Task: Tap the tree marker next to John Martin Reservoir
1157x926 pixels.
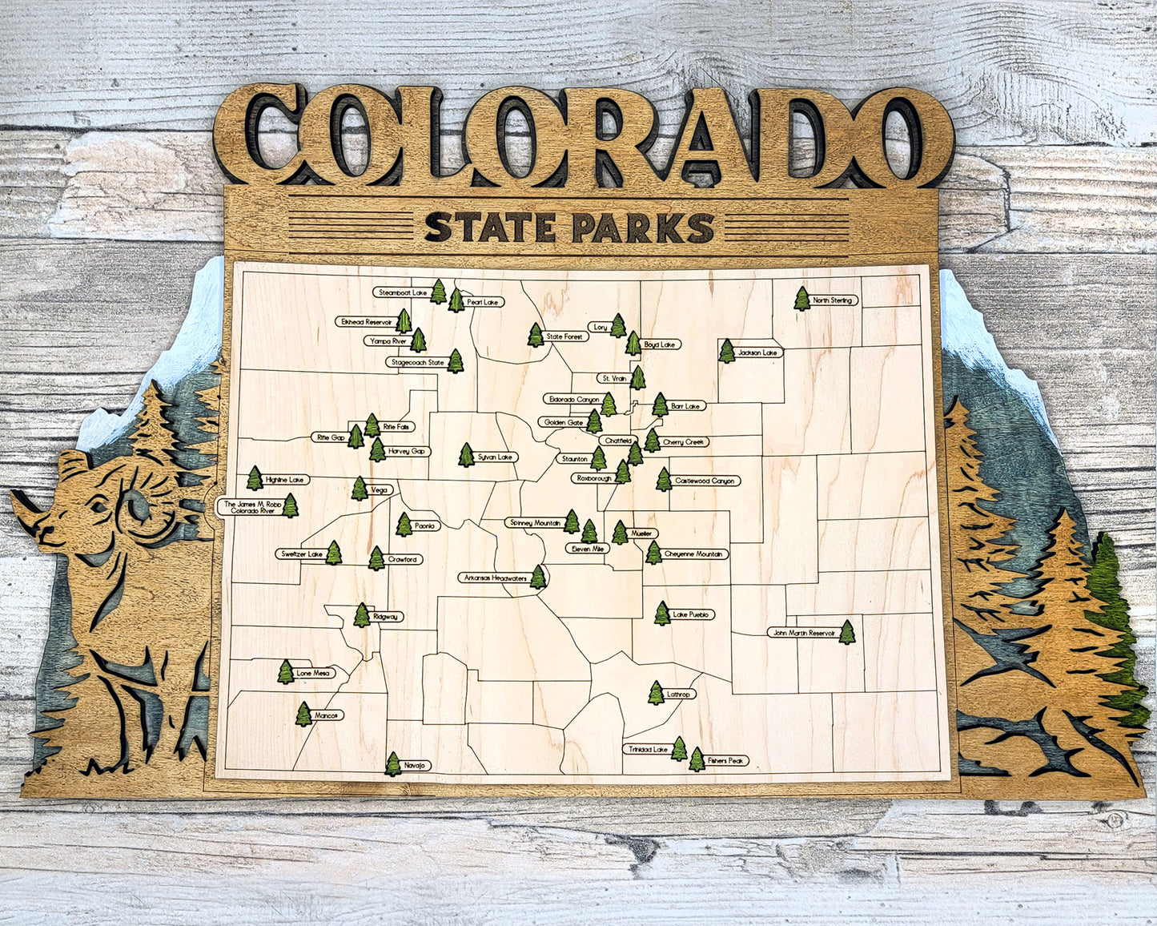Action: click(x=846, y=632)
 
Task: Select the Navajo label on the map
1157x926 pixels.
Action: click(x=414, y=766)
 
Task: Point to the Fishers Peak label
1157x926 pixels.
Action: click(x=726, y=760)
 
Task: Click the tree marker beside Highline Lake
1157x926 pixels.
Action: click(x=255, y=478)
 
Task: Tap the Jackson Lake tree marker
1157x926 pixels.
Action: click(x=726, y=351)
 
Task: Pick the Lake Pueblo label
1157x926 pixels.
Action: click(x=693, y=614)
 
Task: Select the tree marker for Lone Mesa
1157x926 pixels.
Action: click(x=286, y=672)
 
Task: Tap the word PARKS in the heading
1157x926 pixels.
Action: click(x=642, y=227)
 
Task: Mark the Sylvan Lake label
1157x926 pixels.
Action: click(x=496, y=457)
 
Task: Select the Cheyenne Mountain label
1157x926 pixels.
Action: click(x=694, y=554)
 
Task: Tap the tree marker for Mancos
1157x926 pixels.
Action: click(x=303, y=714)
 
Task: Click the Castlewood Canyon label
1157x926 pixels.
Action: click(x=704, y=481)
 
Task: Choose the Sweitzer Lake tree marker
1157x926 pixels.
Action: click(x=333, y=553)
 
